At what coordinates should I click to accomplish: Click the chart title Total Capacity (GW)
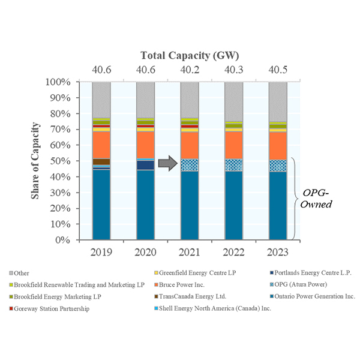(x=190, y=56)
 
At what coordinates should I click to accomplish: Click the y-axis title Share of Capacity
(x=37, y=160)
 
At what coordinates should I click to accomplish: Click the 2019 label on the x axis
(x=101, y=251)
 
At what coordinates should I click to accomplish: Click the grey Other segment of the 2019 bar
(x=101, y=100)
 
